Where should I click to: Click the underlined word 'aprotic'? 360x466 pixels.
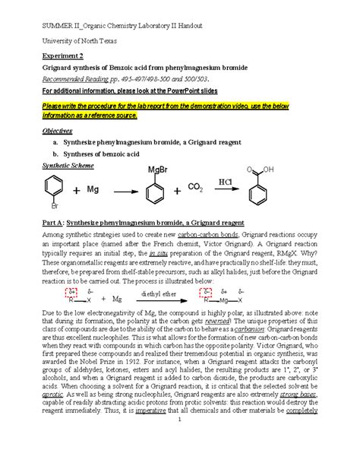pos(50,407)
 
